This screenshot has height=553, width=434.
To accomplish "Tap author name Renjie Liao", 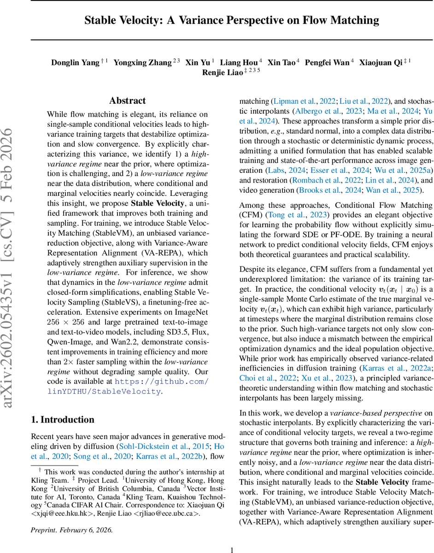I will [x=222, y=73].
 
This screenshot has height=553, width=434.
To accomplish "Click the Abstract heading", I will [x=127, y=101].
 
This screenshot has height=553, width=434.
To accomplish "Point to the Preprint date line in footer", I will [x=71, y=517].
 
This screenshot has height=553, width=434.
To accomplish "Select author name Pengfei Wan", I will [x=328, y=63].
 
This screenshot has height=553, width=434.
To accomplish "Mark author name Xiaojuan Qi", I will [x=380, y=63].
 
